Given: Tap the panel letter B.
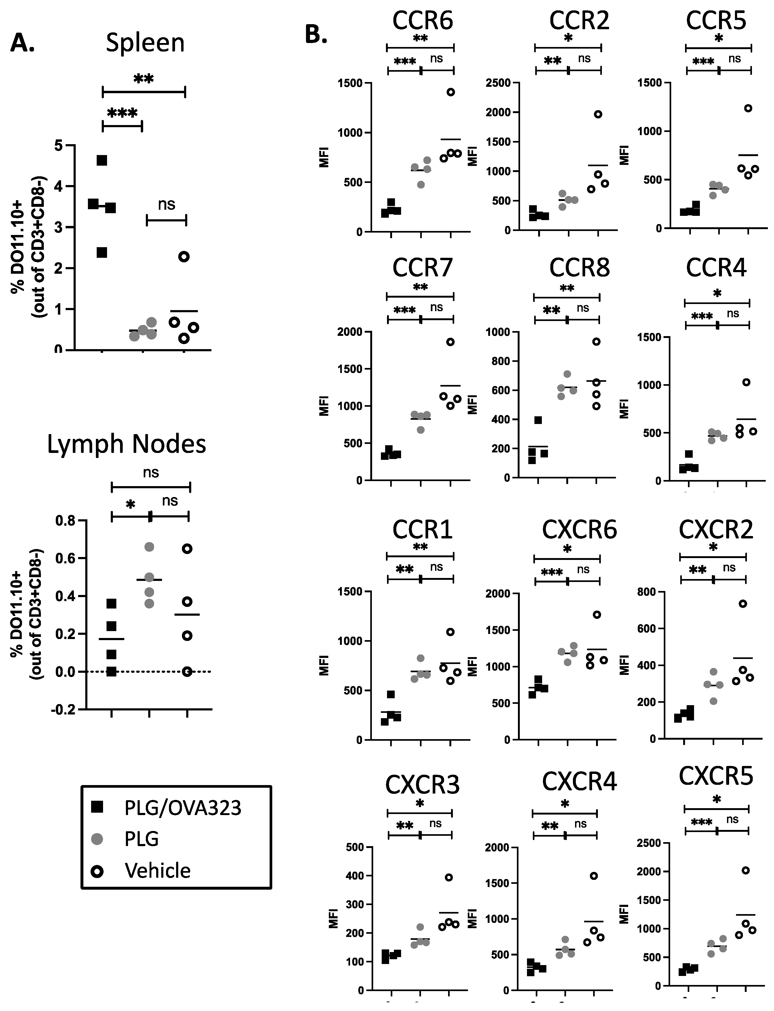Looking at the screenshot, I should click(316, 35).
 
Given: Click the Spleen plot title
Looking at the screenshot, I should click(145, 43).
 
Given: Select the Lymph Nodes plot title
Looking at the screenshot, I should click(127, 444).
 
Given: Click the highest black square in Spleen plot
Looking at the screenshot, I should click(102, 160).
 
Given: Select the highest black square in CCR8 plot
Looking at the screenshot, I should click(538, 420).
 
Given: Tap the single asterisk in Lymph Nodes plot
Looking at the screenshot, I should click(130, 505).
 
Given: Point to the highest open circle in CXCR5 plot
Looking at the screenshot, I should click(745, 870).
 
